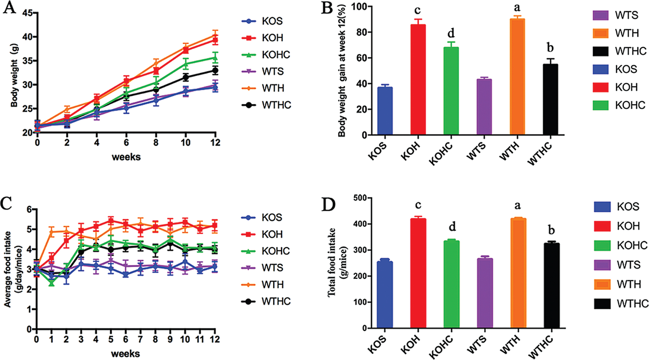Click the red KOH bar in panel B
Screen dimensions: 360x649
tap(418, 80)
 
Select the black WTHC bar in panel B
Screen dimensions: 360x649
tap(550, 99)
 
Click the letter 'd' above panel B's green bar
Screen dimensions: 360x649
tap(451, 33)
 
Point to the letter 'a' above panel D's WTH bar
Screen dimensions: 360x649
tap(518, 206)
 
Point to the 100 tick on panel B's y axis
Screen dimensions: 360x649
tap(359, 7)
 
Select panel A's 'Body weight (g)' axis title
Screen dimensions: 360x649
tap(14, 76)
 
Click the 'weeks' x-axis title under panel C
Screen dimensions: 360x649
tap(125, 354)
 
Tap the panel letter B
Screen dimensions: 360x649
tap(327, 8)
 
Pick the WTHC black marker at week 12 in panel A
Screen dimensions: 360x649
tap(215, 70)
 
